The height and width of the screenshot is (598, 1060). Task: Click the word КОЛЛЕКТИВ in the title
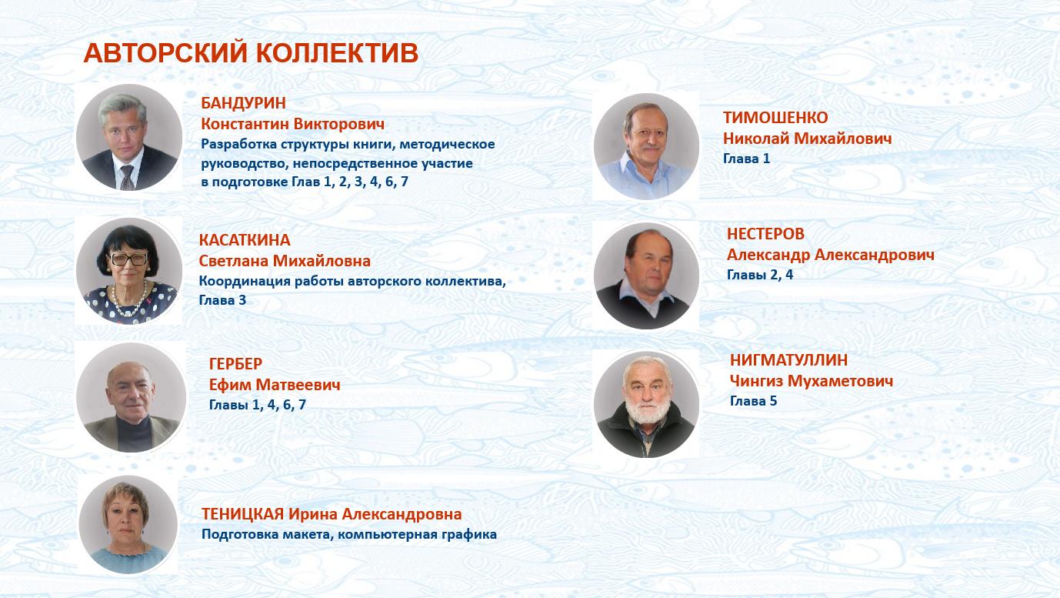[338, 53]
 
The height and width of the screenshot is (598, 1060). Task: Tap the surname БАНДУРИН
[243, 102]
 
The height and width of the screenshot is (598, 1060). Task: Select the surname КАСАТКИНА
[245, 240]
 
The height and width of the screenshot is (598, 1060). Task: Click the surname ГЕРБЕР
[235, 363]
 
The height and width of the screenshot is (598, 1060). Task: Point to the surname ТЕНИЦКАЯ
[243, 514]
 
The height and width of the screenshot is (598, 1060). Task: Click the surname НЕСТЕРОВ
[765, 234]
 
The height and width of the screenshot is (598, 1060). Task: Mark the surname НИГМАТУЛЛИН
[789, 360]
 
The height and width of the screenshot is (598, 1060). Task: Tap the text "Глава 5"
[753, 401]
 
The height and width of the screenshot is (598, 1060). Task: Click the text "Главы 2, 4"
[760, 275]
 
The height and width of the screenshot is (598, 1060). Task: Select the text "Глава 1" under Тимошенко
[747, 159]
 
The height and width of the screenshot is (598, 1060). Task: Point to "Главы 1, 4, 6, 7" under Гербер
[258, 405]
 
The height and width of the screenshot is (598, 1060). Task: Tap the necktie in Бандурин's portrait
[127, 178]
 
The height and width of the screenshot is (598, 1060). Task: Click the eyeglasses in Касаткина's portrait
[128, 259]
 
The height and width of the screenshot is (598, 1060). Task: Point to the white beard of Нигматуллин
[647, 410]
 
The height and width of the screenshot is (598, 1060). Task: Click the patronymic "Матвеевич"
[298, 385]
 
